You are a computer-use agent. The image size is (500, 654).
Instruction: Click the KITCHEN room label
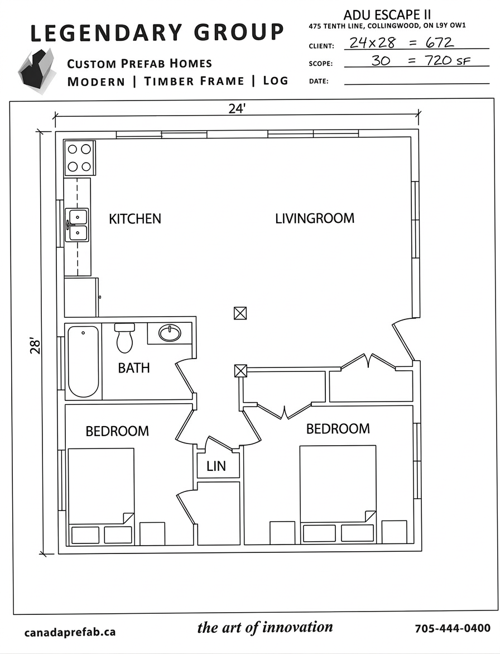click(x=135, y=218)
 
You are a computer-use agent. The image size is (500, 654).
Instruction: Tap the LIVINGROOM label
click(x=315, y=218)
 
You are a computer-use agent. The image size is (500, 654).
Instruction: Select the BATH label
click(x=134, y=368)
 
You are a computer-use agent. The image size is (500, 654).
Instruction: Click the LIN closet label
click(x=216, y=466)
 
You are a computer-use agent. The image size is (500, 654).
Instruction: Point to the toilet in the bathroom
click(x=124, y=337)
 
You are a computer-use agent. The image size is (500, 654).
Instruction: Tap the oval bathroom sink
click(x=170, y=333)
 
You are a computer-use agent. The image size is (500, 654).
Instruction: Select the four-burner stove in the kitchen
click(x=79, y=157)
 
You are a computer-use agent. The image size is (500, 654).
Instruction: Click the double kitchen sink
click(x=76, y=225)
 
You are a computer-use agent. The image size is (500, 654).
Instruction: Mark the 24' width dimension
click(x=237, y=109)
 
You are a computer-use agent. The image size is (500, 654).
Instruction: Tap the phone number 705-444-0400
click(x=453, y=628)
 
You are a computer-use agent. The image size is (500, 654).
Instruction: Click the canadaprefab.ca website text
click(x=70, y=632)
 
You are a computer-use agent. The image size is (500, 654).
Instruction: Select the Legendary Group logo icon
click(x=37, y=71)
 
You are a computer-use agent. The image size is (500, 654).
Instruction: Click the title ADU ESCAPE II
click(x=387, y=15)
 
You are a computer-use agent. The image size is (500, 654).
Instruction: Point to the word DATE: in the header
click(x=319, y=82)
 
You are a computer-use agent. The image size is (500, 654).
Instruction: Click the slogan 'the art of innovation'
click(x=265, y=627)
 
